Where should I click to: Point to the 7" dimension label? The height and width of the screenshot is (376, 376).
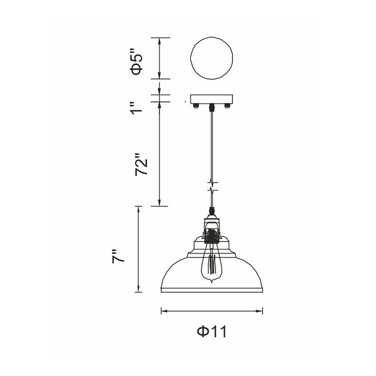click(118, 257)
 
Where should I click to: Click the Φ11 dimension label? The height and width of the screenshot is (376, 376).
click(212, 332)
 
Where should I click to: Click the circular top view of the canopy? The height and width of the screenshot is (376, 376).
click(211, 38)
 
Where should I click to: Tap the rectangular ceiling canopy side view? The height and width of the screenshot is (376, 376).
click(211, 99)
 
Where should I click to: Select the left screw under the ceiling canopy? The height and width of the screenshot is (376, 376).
click(197, 106)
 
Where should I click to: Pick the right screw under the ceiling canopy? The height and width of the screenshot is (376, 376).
click(227, 106)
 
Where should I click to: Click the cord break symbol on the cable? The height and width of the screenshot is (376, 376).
click(212, 186)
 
